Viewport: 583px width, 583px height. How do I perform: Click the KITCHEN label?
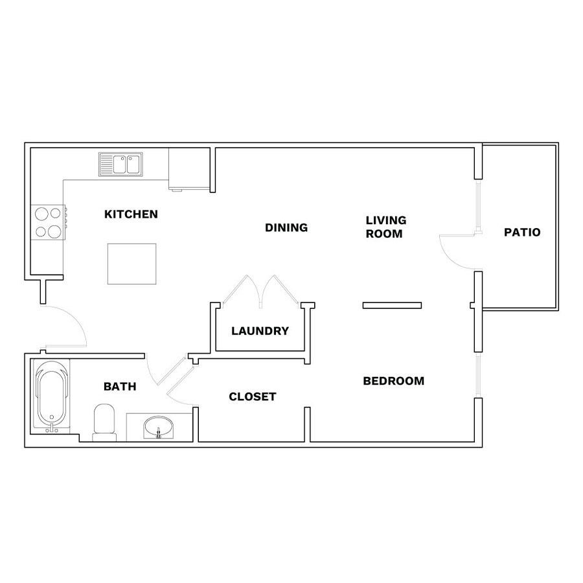(x=131, y=214)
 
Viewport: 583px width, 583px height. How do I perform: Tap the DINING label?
(x=286, y=227)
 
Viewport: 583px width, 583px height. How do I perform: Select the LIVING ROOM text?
(x=386, y=227)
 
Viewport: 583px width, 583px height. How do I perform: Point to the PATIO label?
(x=522, y=233)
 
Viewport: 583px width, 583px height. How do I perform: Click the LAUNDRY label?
(x=260, y=331)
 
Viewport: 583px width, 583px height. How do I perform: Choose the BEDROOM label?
(x=394, y=381)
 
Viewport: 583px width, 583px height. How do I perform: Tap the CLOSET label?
(x=253, y=396)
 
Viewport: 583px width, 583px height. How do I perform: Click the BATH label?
(x=120, y=387)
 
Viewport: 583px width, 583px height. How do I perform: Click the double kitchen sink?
(x=120, y=164)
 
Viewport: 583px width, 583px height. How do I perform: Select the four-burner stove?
(x=48, y=222)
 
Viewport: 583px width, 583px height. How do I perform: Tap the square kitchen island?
(x=132, y=264)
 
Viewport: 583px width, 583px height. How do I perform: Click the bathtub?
(x=51, y=396)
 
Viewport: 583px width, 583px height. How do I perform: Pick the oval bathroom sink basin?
(x=159, y=428)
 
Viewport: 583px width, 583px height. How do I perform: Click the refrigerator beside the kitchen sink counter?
(x=189, y=169)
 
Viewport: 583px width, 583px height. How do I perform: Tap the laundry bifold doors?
(x=260, y=291)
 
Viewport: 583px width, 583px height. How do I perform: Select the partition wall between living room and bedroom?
(x=392, y=306)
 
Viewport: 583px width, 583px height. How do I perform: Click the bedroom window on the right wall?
(x=478, y=375)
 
